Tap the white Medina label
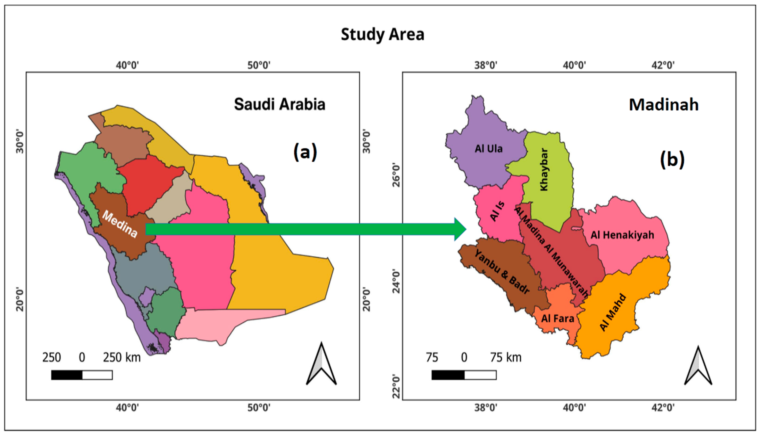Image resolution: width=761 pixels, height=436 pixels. (x=120, y=224)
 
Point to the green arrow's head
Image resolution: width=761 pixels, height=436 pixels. (x=460, y=229)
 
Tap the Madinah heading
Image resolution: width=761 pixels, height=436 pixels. (x=664, y=105)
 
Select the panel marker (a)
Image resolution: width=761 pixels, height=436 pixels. (x=305, y=152)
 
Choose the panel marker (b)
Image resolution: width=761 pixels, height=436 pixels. (x=672, y=159)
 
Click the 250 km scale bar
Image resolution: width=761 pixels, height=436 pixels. (x=82, y=375)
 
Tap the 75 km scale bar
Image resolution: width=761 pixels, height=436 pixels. (x=464, y=375)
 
